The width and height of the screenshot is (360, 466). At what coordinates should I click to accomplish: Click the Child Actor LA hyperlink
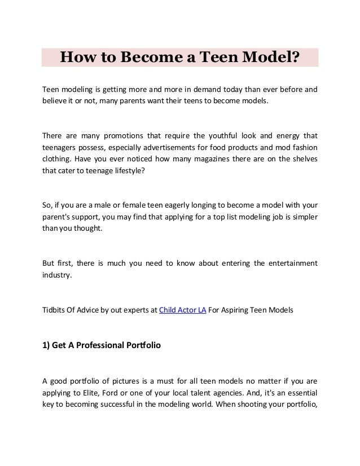click(x=183, y=310)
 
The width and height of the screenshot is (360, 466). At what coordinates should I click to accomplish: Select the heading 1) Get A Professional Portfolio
click(x=102, y=346)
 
